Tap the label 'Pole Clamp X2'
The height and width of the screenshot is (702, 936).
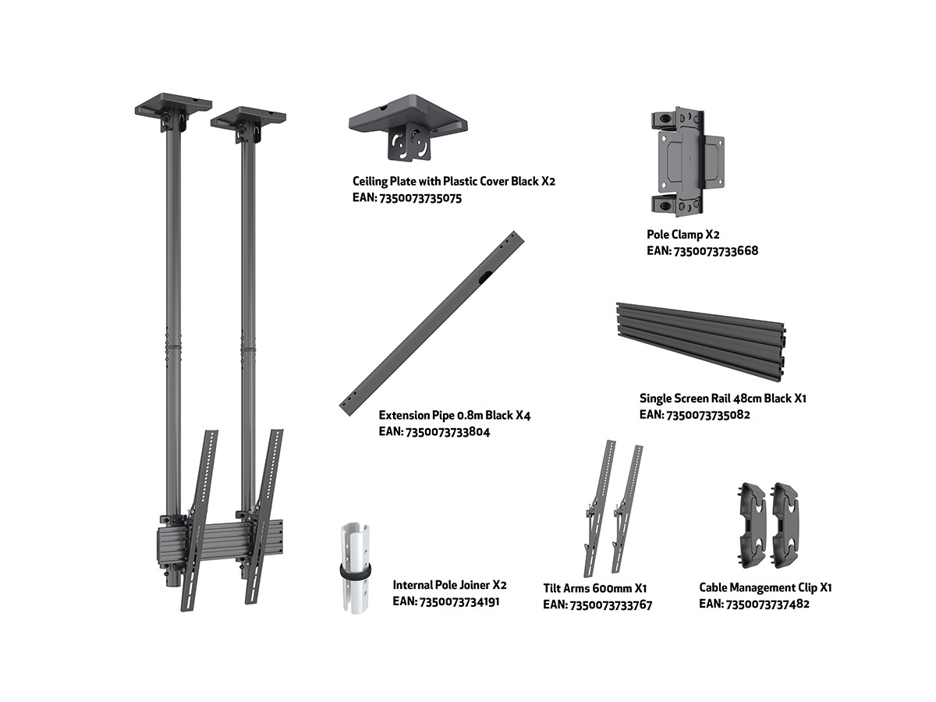(683, 235)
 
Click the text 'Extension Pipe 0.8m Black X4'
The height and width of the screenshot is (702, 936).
(455, 416)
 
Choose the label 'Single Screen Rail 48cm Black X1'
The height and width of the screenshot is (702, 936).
(723, 399)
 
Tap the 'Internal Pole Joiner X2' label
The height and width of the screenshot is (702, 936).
(449, 585)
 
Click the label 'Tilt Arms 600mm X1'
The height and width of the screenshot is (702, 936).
(595, 589)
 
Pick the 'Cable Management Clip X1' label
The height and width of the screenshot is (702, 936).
(765, 588)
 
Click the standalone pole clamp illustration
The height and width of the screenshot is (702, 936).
(686, 162)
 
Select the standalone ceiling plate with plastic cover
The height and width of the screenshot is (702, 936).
(408, 126)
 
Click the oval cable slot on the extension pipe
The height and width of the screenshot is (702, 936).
(485, 278)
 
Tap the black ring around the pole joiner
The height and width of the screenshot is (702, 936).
(355, 571)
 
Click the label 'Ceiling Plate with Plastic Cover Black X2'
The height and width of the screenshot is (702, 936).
(454, 182)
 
